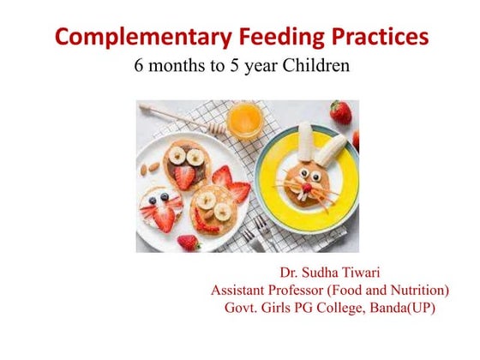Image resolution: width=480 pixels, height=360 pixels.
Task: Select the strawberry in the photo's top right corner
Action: [340, 111]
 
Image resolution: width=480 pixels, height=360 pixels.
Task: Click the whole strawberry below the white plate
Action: [189, 243]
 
